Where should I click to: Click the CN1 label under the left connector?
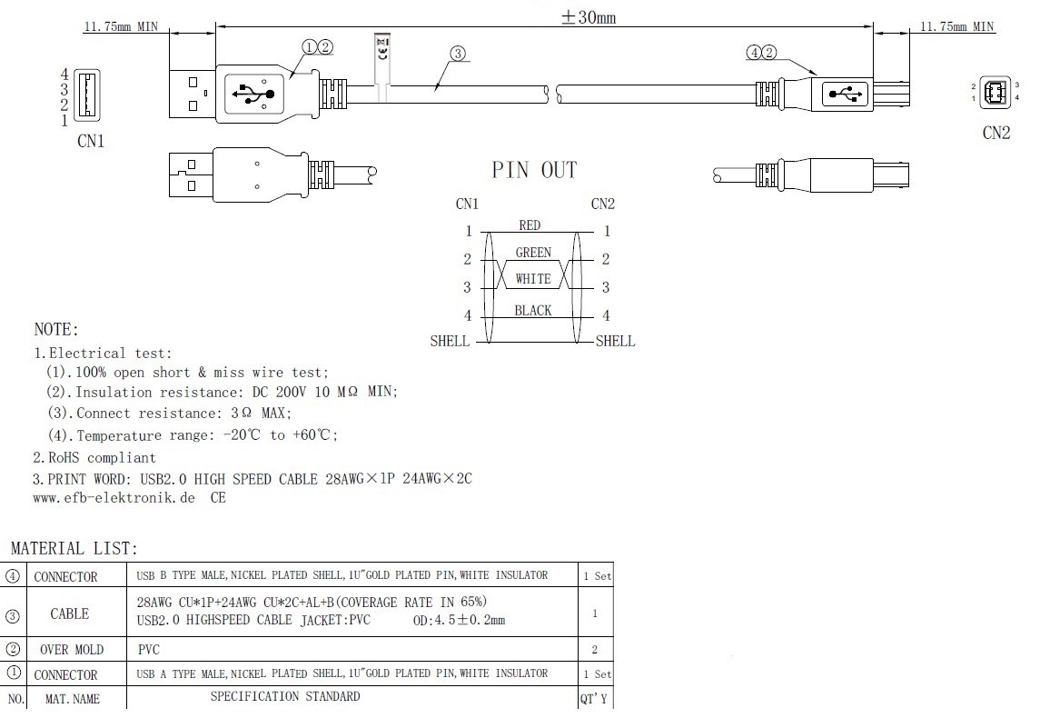tap(90, 141)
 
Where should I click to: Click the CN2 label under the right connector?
tap(996, 134)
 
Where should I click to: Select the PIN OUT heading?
tap(534, 170)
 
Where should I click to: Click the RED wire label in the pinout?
tap(530, 225)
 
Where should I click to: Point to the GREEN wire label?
tap(533, 253)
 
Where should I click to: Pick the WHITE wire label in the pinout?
tap(533, 279)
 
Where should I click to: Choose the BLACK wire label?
tap(533, 311)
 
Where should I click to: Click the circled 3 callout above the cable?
tap(458, 54)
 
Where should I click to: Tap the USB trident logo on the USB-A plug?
tap(253, 94)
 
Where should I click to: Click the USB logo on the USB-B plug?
tap(842, 93)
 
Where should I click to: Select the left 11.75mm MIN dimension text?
tap(121, 26)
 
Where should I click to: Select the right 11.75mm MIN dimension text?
tap(957, 26)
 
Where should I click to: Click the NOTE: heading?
tap(56, 329)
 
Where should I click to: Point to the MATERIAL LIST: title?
tap(74, 549)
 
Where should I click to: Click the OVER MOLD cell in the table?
tap(71, 649)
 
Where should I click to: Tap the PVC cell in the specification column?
tap(147, 649)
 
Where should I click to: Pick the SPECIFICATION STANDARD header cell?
tap(285, 697)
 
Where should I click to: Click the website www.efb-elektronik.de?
tap(114, 498)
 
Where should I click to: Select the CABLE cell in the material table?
tap(70, 613)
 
